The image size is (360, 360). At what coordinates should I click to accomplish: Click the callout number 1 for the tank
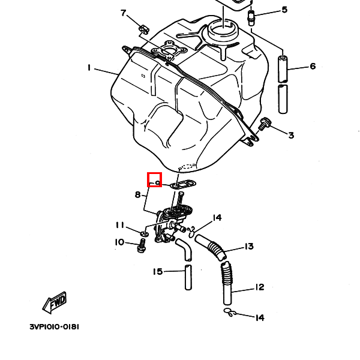pos(89,68)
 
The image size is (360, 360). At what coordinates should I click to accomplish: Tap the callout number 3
pos(291,136)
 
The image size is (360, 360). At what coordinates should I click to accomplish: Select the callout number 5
pos(284,10)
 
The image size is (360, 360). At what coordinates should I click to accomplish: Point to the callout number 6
pos(313,66)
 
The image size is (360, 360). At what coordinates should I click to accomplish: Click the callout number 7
pos(124,13)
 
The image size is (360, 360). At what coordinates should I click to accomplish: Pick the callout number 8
pos(137,194)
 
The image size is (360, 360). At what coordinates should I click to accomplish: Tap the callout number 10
pos(120,242)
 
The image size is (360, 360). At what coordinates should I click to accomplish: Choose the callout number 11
pos(120,225)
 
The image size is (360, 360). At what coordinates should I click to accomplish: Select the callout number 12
pos(259,287)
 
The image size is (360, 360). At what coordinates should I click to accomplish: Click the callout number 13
pos(248,246)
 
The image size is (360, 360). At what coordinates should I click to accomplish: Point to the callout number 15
pos(157,272)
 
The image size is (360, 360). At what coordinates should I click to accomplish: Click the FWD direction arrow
pos(55,303)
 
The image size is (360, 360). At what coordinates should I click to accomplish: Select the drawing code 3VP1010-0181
pos(54,327)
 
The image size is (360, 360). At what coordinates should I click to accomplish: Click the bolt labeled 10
pos(142,245)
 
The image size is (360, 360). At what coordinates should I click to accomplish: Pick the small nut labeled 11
pos(146,232)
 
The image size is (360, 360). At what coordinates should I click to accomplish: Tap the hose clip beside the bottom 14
pos(229,312)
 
